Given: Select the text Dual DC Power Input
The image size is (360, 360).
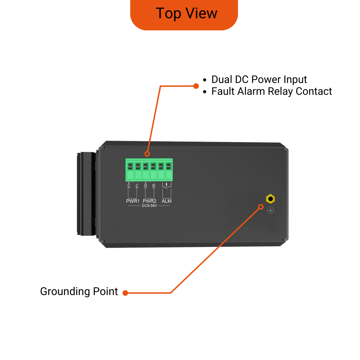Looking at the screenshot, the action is point(259,80).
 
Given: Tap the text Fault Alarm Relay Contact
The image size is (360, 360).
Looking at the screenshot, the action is point(272,91).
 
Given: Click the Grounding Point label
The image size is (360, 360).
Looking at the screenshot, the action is point(79,292).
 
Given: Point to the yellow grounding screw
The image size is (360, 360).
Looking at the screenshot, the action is point(270,199).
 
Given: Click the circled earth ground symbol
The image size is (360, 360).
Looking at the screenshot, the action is point(270,210).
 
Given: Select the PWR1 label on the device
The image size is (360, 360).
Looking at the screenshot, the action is point(133,201).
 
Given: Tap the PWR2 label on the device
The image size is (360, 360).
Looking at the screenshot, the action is point(149,201).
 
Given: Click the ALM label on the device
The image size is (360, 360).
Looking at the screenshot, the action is point(166,201).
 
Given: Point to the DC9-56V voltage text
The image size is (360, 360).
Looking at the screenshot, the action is point(149,206).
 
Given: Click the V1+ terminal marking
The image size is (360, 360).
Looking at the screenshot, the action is point(129,185).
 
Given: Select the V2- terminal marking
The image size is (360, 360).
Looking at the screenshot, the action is point(154,186).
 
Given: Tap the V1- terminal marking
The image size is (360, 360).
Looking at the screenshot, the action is point(137,186).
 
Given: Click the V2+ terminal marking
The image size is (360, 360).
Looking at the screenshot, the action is point(145,185).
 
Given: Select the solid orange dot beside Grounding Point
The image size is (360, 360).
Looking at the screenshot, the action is point(125,293).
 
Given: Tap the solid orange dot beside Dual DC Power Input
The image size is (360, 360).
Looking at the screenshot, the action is point(196,86).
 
